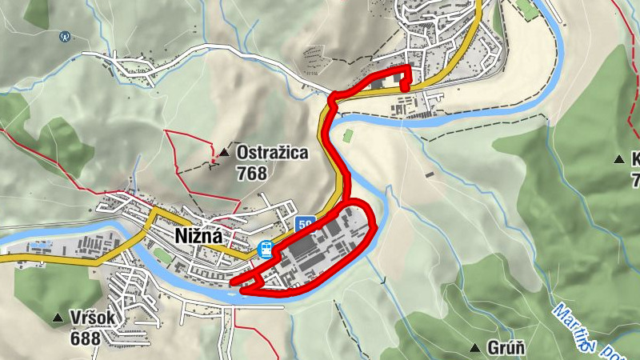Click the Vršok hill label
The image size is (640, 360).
click(94, 318)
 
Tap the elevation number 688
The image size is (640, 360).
click(85, 338)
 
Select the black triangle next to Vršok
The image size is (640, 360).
click(57, 319)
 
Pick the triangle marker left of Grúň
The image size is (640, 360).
click(475, 348)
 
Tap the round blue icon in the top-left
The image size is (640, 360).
click(66, 36)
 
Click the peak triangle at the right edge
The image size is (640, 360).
click(618, 160)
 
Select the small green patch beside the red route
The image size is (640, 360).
click(347, 135)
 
